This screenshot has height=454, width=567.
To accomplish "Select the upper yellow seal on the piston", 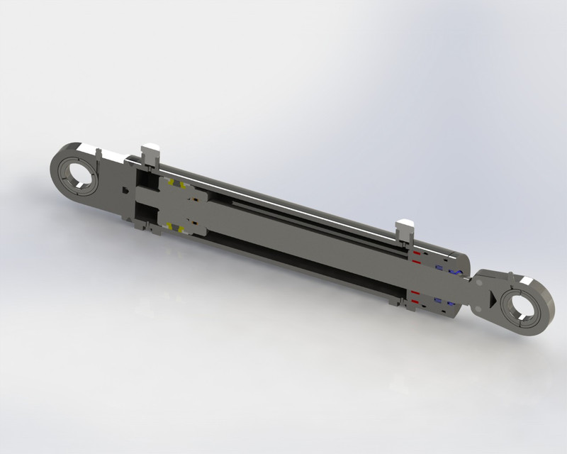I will pos(182,187).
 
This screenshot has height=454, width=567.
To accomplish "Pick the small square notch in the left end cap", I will pos(125,189).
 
